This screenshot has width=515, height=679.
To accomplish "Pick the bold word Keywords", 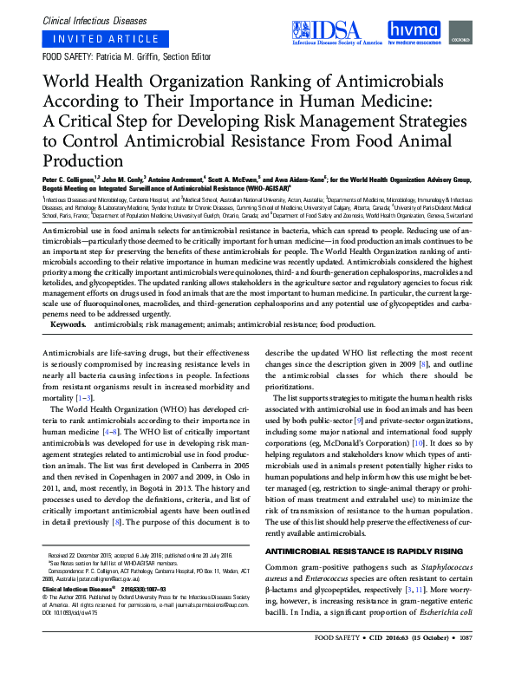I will (68, 324).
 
